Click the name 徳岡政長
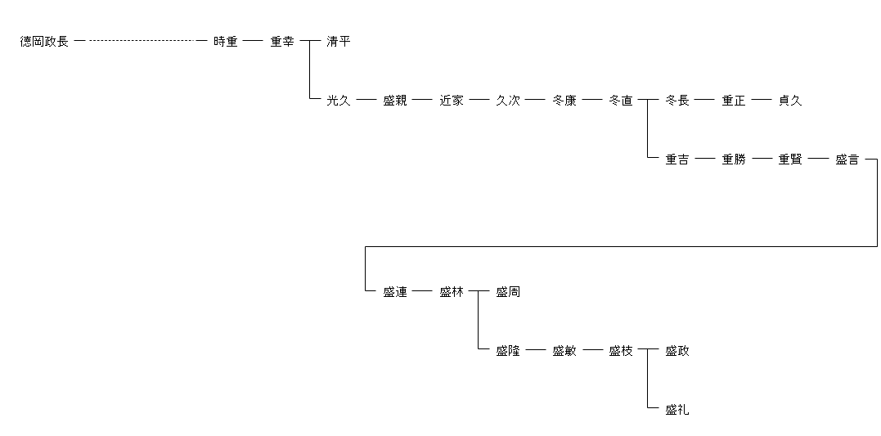[x=44, y=42]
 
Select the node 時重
[x=225, y=42]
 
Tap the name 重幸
[x=282, y=42]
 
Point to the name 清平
[x=338, y=42]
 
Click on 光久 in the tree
[x=338, y=101]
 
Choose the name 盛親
[x=394, y=101]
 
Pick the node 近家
[x=452, y=101]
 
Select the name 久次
[x=508, y=101]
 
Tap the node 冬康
[x=564, y=101]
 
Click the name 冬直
[x=621, y=101]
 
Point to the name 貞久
[x=790, y=101]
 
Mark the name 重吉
[x=677, y=160]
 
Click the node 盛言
[x=847, y=160]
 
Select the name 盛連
[x=394, y=292]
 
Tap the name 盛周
[x=508, y=292]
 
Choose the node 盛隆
[x=508, y=351]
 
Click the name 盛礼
[x=677, y=410]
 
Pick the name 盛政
[x=677, y=351]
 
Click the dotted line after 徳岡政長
[x=141, y=41]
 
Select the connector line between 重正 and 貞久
[x=762, y=101]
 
